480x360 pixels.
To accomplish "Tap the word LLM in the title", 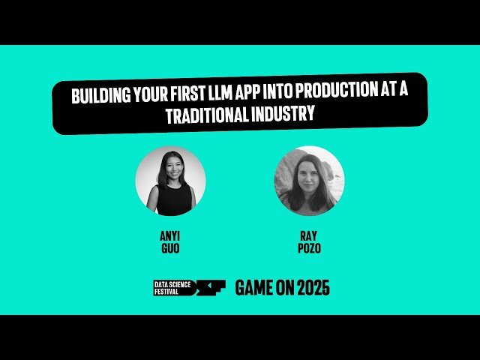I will tap(221, 97).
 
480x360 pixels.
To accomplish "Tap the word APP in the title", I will tap(250, 97).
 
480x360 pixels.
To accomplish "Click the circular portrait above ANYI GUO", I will tap(170, 181).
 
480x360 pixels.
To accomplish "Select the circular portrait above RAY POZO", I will tap(309, 181).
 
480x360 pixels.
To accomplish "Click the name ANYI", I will tap(170, 234).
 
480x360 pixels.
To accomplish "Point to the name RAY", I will tap(309, 234).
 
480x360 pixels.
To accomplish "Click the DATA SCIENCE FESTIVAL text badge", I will tap(172, 287).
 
